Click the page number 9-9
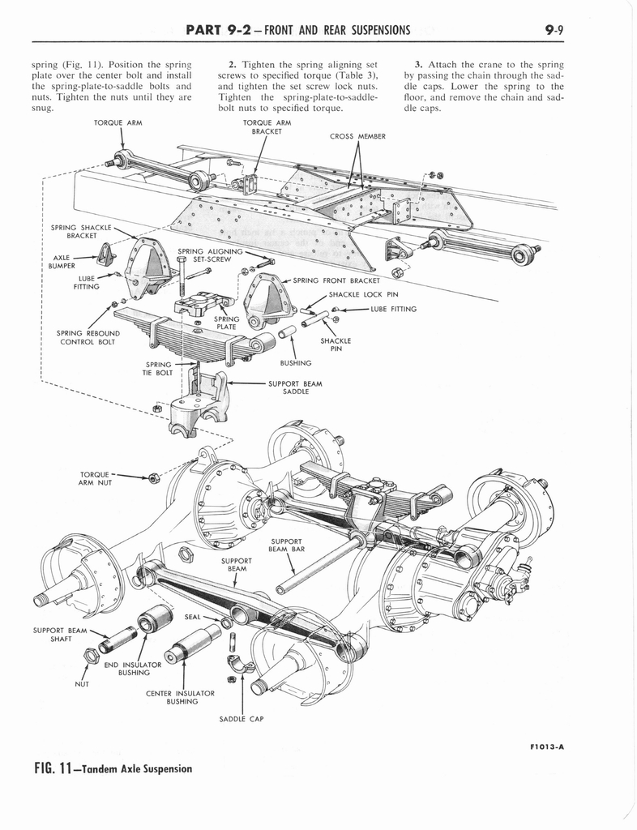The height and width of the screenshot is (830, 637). (554, 31)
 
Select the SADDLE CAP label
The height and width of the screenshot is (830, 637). (242, 718)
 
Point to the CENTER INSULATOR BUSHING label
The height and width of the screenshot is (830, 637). (180, 697)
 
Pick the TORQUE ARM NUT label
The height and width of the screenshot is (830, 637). (96, 478)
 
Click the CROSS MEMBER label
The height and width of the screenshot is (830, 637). (357, 136)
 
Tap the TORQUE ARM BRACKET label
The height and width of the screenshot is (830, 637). (267, 126)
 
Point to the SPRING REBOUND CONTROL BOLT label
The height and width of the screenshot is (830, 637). (88, 337)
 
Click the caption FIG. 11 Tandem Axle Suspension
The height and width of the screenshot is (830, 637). (101, 768)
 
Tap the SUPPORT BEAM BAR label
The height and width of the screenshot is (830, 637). (287, 545)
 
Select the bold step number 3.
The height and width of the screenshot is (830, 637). (417, 63)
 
